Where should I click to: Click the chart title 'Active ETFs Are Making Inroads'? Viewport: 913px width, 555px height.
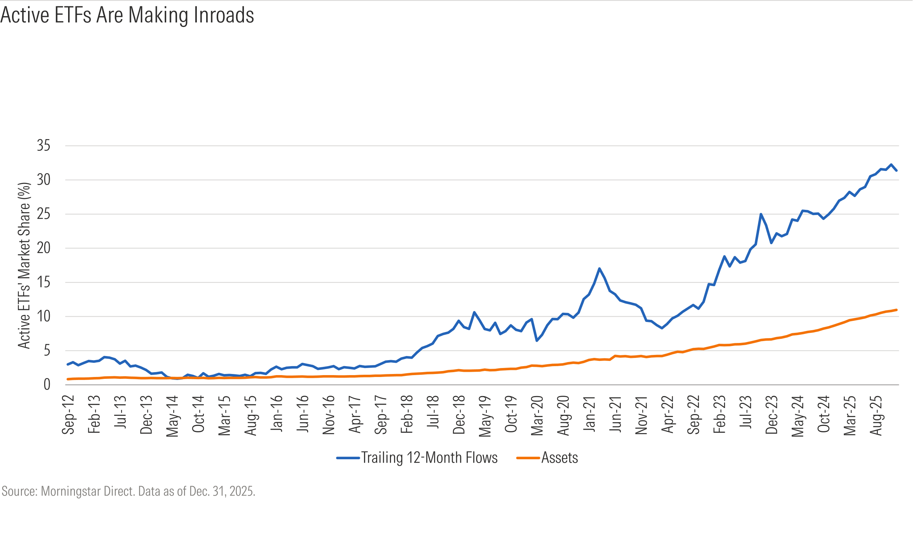127,15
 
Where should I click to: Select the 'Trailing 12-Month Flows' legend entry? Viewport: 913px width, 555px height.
417,458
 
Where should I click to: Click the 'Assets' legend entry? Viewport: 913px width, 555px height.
547,458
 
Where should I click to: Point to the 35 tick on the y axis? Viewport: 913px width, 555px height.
43,145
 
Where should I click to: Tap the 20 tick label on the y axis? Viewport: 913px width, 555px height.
43,248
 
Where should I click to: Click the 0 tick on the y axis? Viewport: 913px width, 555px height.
47,384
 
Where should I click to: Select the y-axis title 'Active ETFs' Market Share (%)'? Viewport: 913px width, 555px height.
24,266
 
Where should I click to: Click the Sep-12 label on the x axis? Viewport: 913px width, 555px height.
68,414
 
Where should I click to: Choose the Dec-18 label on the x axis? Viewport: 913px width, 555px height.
459,414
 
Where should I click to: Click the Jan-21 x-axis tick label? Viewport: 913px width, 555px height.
589,413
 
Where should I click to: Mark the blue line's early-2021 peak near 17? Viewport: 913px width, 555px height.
599,269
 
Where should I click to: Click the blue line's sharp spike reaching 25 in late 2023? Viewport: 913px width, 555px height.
761,214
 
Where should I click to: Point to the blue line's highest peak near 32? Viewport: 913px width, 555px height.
891,165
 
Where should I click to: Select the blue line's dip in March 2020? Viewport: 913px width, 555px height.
537,341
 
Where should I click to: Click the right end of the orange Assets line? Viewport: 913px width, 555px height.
897,310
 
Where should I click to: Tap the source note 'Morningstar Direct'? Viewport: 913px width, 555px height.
88,491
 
